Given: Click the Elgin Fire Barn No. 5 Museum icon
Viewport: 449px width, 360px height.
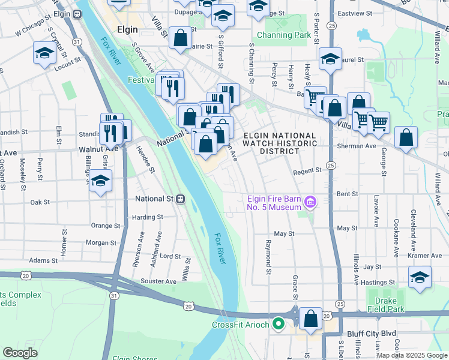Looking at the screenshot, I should click(x=310, y=202).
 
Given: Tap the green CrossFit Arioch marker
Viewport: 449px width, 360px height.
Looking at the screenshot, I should click(x=278, y=325).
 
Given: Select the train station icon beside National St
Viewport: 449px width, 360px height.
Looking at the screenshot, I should click(x=179, y=199).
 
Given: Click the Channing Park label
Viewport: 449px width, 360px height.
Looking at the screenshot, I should click(x=284, y=35).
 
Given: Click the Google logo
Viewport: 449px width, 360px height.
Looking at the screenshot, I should click(x=20, y=353).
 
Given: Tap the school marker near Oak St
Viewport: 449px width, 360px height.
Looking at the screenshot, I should click(x=100, y=181).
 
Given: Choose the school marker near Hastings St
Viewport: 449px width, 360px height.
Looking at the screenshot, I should click(x=419, y=277).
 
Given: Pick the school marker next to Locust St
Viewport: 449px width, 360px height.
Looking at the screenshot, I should click(x=44, y=54).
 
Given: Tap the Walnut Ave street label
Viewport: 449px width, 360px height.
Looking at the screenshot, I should click(x=99, y=148).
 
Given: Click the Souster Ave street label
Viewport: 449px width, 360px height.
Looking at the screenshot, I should click(x=158, y=281).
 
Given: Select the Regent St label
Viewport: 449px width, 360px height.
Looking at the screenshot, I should click(x=307, y=171).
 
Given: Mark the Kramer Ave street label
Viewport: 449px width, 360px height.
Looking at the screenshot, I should click(x=424, y=256).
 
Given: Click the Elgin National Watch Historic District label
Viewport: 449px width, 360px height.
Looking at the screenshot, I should click(x=279, y=143).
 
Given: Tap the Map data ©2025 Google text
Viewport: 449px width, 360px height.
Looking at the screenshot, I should click(x=411, y=355).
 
